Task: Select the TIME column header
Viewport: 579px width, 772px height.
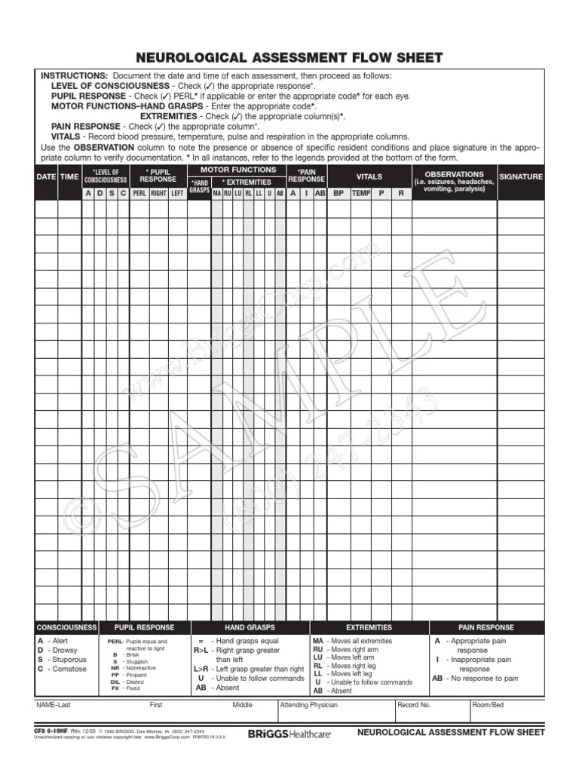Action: [69, 176]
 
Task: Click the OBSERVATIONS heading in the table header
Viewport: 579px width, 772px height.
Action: [454, 174]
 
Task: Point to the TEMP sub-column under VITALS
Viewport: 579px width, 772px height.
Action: [361, 193]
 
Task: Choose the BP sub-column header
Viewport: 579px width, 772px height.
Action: [339, 193]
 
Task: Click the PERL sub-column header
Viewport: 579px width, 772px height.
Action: [139, 193]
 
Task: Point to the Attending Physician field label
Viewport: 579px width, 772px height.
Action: [308, 706]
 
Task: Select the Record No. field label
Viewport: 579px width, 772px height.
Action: [415, 706]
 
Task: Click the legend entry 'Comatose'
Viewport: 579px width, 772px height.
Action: [69, 669]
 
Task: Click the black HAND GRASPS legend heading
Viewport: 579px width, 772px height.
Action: [250, 627]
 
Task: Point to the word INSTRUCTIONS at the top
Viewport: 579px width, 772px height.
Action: [74, 76]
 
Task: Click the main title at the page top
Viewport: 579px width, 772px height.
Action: [289, 58]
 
